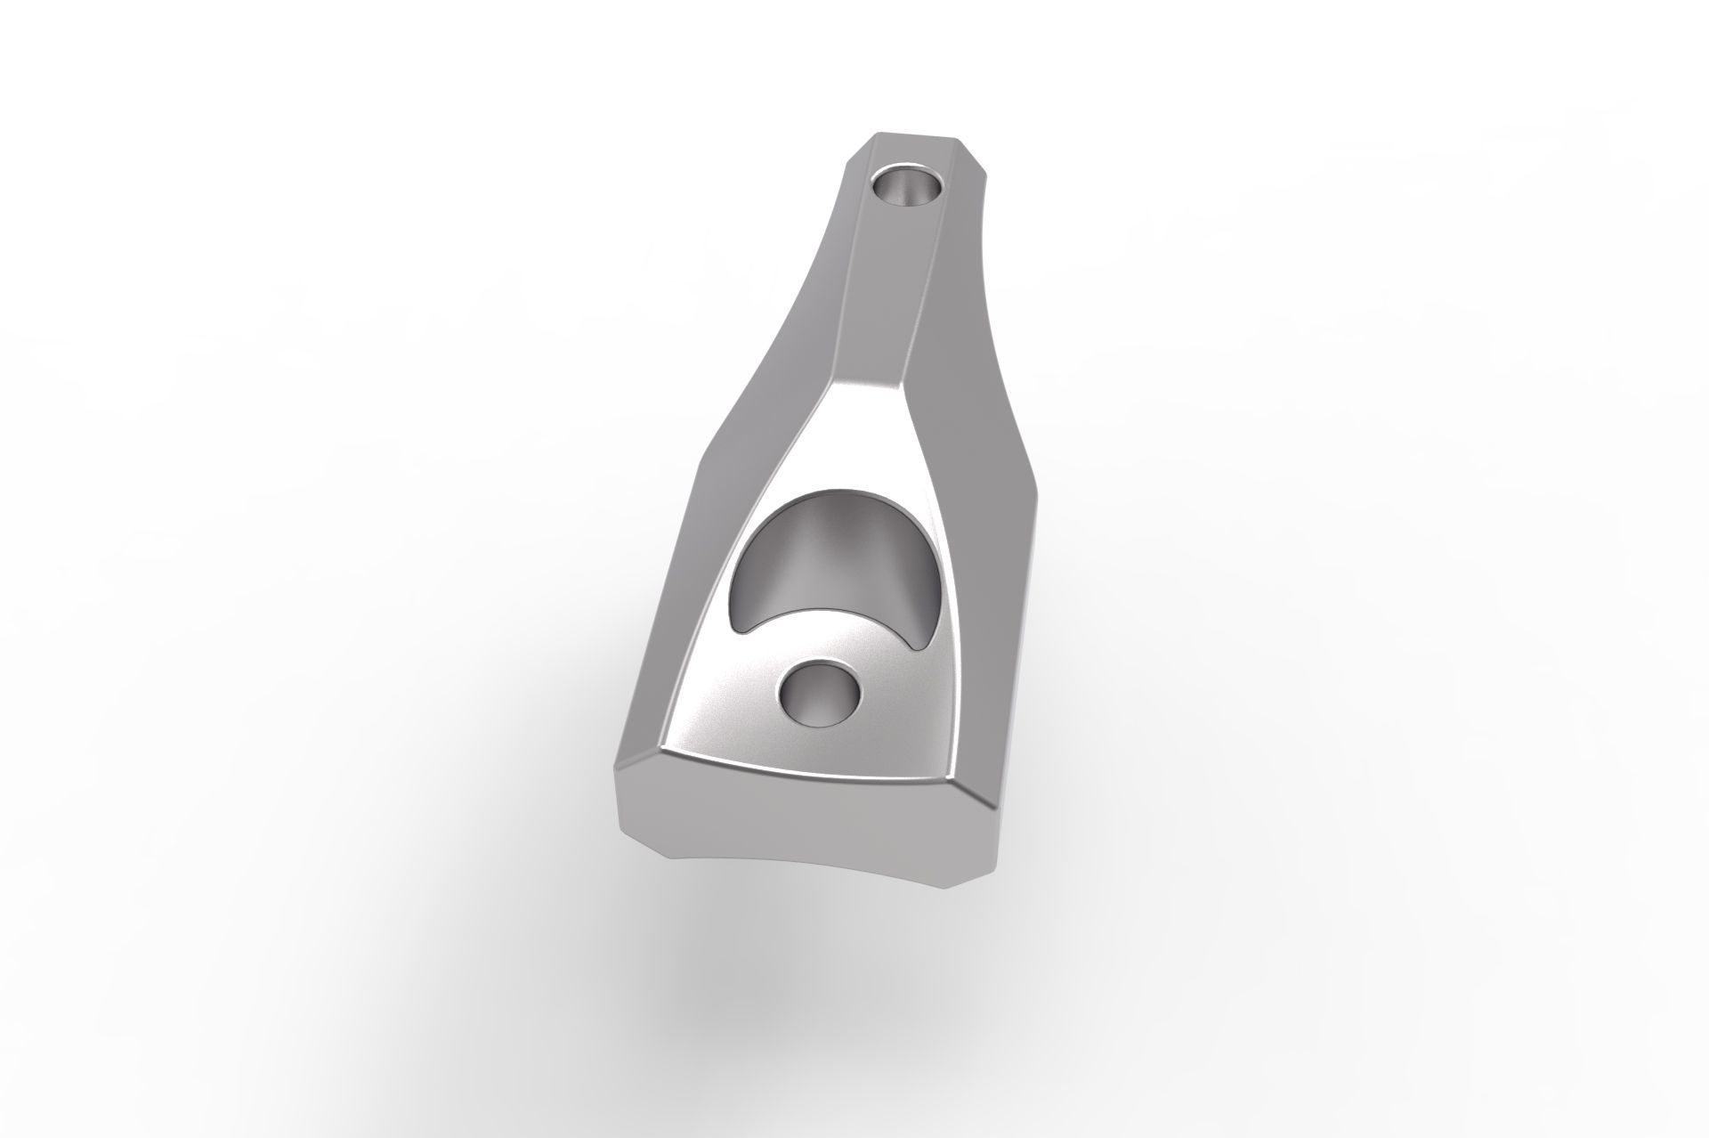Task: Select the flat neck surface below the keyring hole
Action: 881,303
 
